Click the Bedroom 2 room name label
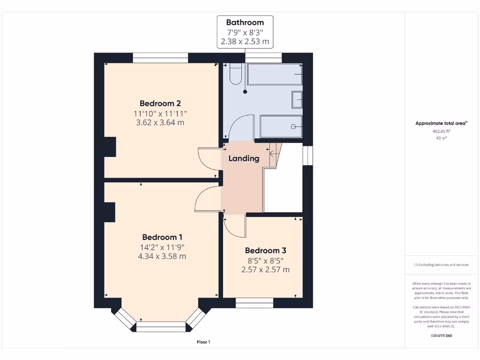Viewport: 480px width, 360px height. pos(160,104)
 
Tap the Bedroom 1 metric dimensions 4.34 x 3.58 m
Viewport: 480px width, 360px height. pos(162,256)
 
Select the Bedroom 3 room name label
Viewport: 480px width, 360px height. pos(265,251)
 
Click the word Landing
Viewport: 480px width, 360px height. pos(244,158)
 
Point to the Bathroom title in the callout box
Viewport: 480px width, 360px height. pos(245,22)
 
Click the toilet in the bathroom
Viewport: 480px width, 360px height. pos(235,74)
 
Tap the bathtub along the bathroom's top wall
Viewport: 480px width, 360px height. pos(274,75)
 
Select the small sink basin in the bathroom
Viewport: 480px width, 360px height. pos(297,99)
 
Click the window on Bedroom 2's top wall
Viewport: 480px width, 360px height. pos(160,58)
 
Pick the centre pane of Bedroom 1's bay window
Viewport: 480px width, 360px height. pos(161,327)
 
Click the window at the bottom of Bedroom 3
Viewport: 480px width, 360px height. pos(255,303)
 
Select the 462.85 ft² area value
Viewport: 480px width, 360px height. pos(441,131)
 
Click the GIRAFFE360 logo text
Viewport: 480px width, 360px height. pos(441,336)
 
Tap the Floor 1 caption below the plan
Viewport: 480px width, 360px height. pos(203,342)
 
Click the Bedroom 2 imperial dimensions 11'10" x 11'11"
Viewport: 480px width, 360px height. pos(160,113)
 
